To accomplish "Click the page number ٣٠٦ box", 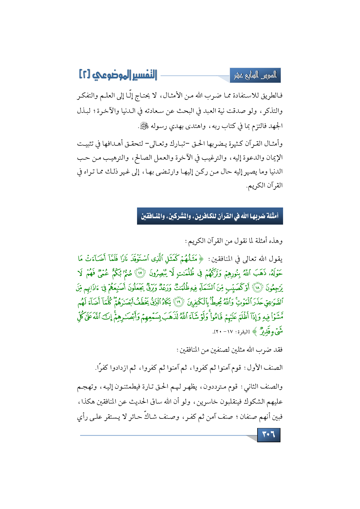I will coord(269,434).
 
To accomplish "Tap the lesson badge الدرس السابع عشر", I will coord(255,76).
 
